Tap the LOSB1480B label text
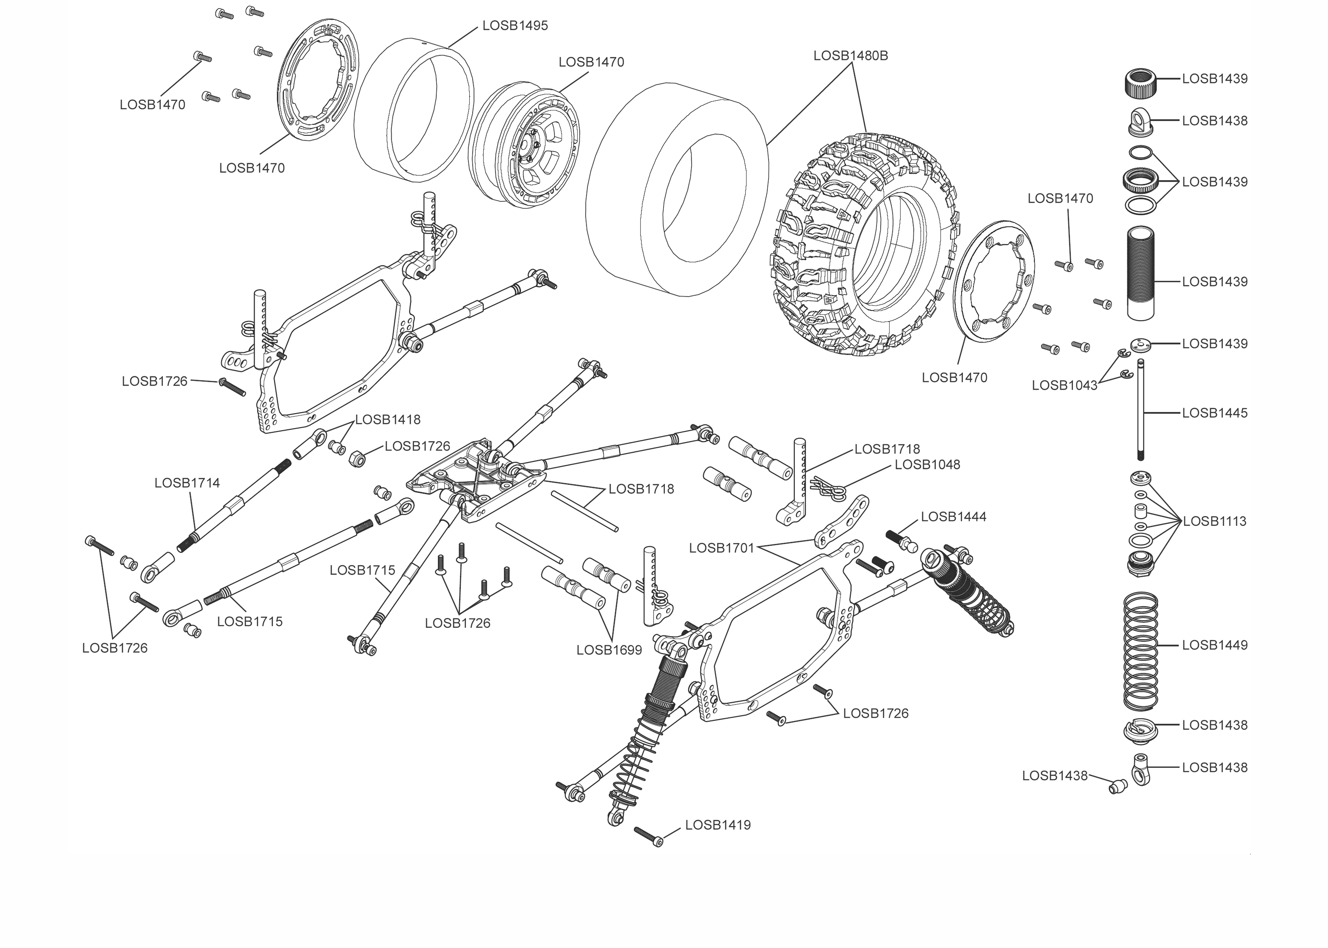click(850, 56)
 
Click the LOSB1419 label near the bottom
click(717, 825)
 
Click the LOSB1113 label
click(1214, 521)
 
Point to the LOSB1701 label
click(721, 548)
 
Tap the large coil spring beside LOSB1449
click(1140, 651)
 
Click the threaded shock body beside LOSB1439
click(1140, 273)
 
